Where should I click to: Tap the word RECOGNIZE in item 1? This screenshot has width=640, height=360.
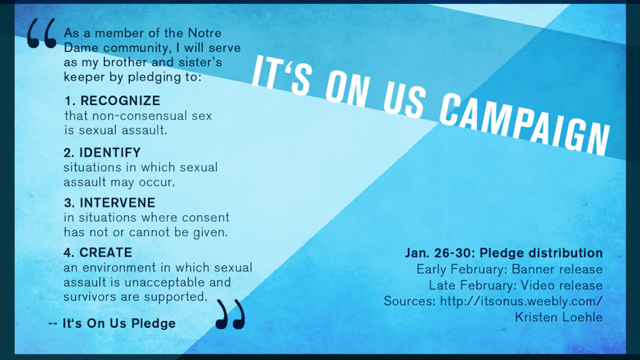coord(120,101)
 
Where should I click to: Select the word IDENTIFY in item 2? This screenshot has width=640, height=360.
coord(110,152)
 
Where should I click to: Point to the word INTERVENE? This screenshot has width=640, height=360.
coord(117,203)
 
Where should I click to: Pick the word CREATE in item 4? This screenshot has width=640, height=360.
coord(106,253)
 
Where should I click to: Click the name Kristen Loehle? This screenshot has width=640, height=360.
coord(559,317)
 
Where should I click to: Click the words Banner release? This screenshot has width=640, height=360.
coord(557,269)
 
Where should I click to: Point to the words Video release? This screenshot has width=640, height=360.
coord(561,285)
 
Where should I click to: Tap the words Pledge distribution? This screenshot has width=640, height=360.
coord(541,253)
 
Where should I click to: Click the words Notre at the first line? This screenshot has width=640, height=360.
coord(204,33)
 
